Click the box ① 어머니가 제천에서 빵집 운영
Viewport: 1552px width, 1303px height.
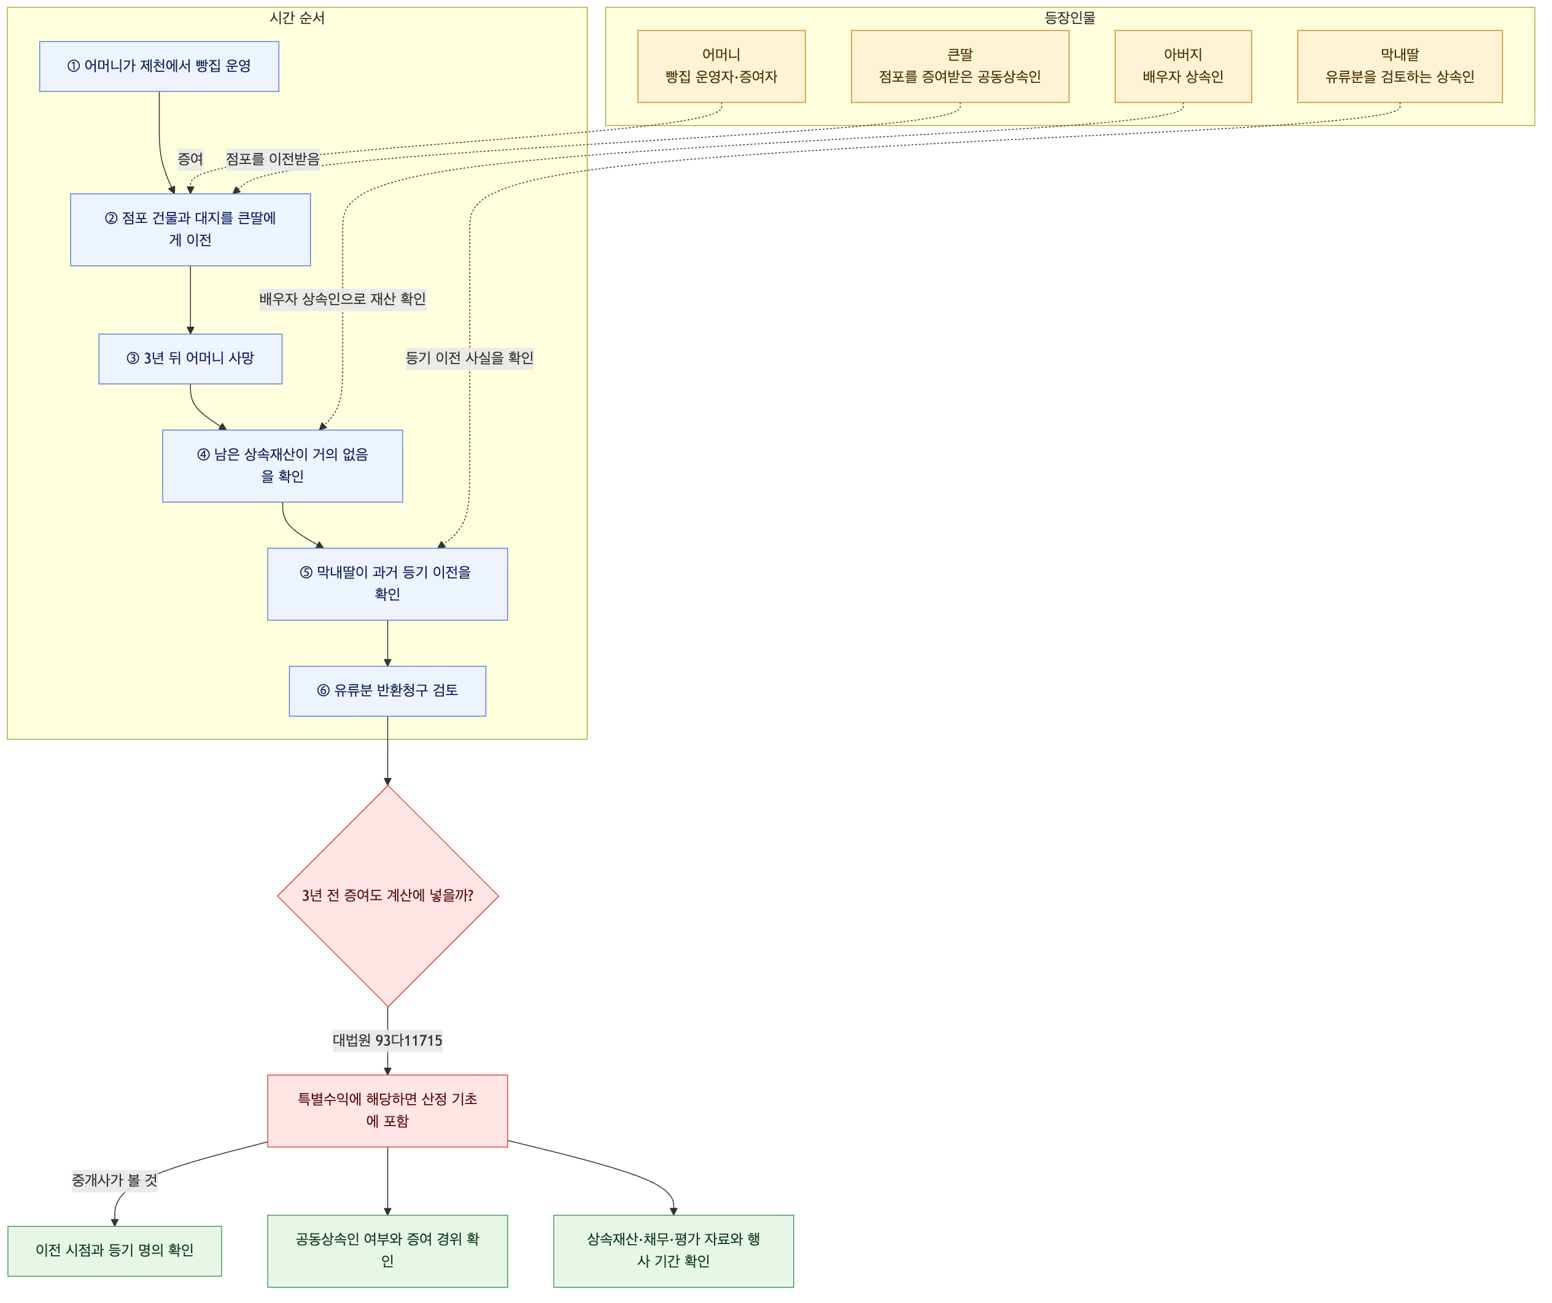click(159, 66)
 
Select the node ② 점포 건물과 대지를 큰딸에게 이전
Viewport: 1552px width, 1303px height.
click(190, 230)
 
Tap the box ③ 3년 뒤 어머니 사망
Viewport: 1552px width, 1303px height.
click(190, 359)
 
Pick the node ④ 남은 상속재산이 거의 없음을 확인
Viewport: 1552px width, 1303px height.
click(282, 465)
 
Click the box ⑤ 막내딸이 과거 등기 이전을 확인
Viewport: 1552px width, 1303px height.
click(387, 584)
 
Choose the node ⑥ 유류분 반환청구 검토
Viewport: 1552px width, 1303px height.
click(387, 691)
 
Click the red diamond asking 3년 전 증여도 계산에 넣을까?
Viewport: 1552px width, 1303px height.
click(387, 896)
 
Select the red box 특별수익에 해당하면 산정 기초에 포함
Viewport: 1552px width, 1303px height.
click(387, 1111)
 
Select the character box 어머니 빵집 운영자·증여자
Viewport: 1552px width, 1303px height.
click(721, 66)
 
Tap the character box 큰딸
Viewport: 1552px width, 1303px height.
click(960, 66)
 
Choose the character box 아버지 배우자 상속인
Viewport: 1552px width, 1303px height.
click(1183, 66)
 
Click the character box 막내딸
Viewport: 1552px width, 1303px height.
click(1400, 66)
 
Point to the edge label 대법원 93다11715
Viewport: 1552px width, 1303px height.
click(387, 1041)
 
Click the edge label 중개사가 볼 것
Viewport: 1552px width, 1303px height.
click(115, 1180)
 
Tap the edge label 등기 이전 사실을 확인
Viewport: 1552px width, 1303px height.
click(469, 359)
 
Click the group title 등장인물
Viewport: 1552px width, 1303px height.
click(1070, 18)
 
